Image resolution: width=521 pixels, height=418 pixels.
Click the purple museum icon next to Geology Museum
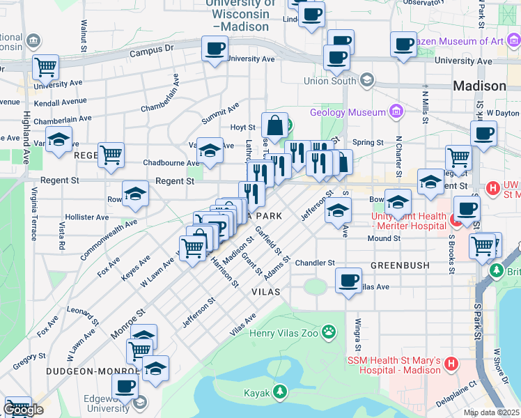click(396, 111)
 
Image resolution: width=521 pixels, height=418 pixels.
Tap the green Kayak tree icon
click(280, 392)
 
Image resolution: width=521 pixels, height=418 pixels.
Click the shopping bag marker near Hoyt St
click(275, 126)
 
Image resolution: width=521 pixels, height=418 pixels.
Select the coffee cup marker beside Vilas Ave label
click(348, 281)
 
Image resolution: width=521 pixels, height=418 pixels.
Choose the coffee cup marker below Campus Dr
click(215, 49)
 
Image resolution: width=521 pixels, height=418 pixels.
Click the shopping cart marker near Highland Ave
click(45, 68)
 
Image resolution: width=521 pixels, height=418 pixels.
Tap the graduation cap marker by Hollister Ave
click(135, 194)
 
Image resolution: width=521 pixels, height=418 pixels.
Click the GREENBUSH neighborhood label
click(394, 266)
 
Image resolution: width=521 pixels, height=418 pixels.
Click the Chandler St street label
click(315, 263)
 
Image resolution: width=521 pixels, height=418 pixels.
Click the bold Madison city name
click(479, 86)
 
